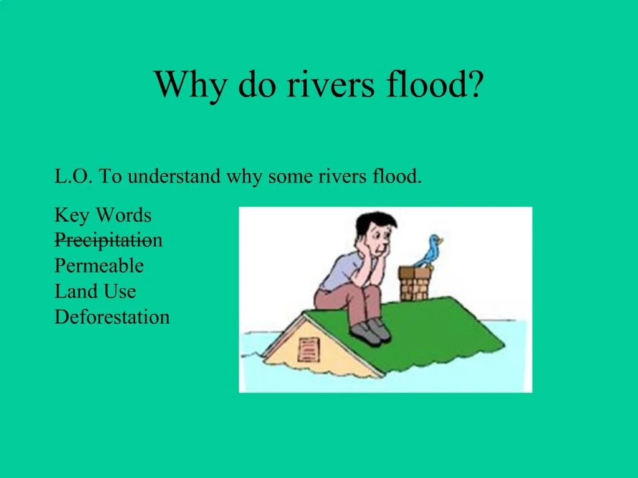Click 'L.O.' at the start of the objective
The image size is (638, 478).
click(73, 177)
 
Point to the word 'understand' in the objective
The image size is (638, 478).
click(174, 177)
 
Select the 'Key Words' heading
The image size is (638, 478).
click(103, 216)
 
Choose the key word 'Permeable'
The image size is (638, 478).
click(99, 266)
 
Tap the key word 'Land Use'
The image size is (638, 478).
click(95, 291)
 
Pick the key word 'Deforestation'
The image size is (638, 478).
click(112, 317)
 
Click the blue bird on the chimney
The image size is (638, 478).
click(431, 250)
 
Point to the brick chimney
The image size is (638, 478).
click(415, 284)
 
